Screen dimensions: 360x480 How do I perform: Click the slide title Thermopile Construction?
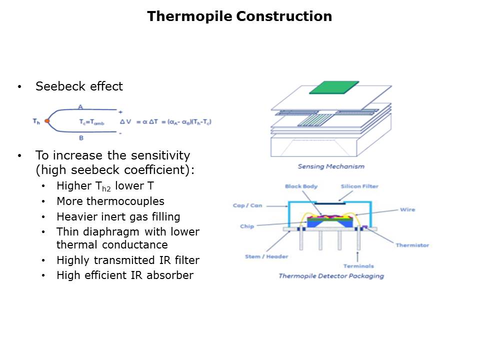pos(239,16)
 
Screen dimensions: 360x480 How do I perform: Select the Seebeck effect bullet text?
pos(79,86)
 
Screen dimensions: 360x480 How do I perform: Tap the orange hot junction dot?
pos(47,121)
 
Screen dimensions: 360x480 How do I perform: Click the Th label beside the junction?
pos(36,121)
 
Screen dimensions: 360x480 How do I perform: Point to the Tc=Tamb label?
pos(91,121)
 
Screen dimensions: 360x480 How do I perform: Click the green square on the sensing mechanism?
pos(334,87)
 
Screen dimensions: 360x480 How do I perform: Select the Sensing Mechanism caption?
pos(331,166)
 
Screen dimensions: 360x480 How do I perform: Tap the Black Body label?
pos(301,186)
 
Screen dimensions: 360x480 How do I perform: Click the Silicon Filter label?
pos(359,186)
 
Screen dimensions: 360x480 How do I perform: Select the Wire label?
pos(407,209)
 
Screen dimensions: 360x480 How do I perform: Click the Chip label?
pos(247,226)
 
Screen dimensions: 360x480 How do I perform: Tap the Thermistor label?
pos(412,245)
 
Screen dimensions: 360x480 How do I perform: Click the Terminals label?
pos(358,266)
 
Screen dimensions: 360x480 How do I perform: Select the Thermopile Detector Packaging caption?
pos(331,276)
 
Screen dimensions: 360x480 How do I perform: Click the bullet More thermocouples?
pos(110,201)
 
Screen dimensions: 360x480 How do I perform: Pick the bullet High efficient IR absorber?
pos(124,275)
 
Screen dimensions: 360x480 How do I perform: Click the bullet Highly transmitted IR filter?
pos(127,260)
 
